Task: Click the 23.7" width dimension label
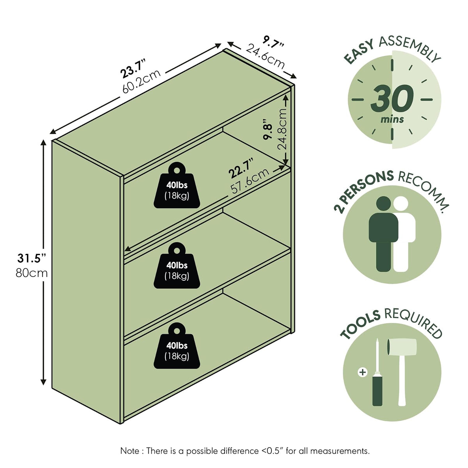(133, 68)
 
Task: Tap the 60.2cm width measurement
(141, 81)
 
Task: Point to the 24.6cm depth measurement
(265, 56)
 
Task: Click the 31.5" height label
(32, 258)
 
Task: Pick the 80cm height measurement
(32, 273)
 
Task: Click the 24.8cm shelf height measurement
(282, 129)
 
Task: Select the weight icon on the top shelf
(177, 185)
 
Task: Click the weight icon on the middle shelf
(177, 266)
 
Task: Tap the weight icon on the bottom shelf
(177, 346)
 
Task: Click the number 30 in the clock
(392, 98)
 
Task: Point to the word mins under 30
(392, 119)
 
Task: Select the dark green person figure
(383, 234)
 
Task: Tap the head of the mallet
(402, 347)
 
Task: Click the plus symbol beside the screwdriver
(363, 372)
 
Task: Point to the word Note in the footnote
(130, 451)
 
